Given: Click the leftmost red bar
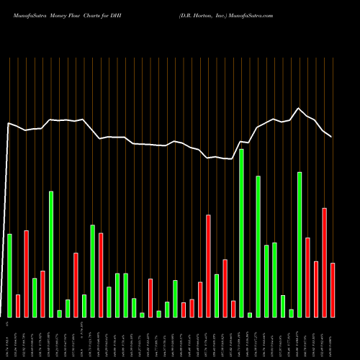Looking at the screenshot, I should click(18, 305).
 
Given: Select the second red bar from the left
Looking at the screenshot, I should click(26, 274).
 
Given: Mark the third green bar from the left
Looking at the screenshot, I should click(51, 254).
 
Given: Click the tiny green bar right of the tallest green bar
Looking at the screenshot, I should click(250, 315).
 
